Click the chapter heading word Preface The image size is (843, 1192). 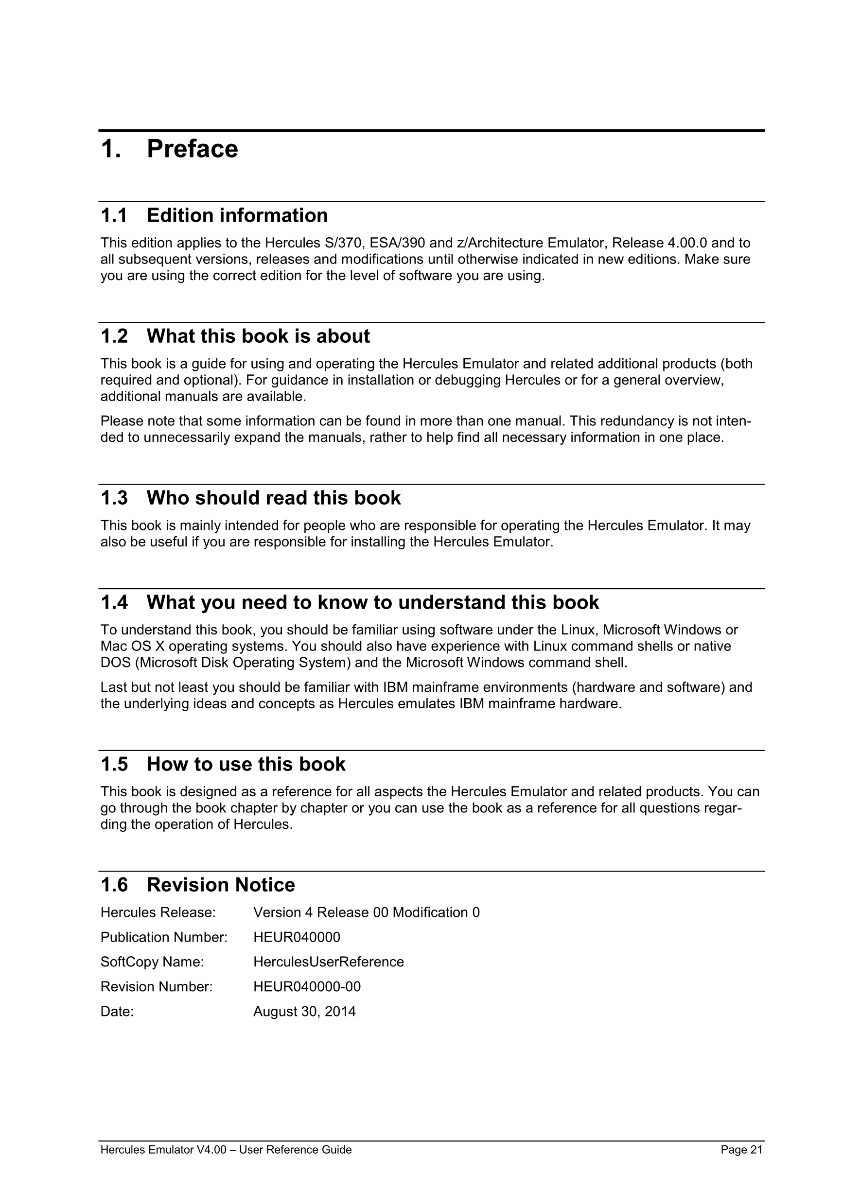tap(192, 150)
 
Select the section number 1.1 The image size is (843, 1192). tap(114, 215)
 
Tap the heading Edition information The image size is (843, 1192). tap(237, 215)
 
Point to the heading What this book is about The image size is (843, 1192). tap(258, 336)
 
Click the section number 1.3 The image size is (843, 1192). tap(114, 498)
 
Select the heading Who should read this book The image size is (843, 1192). tap(274, 498)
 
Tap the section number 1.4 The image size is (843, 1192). tap(114, 603)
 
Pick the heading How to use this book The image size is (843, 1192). tap(246, 764)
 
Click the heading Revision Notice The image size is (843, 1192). tap(221, 885)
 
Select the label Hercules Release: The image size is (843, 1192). tap(158, 912)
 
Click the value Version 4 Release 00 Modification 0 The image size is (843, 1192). tap(367, 912)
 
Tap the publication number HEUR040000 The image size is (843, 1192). tap(297, 937)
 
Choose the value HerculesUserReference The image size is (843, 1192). tap(328, 962)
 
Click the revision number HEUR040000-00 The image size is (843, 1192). tap(307, 986)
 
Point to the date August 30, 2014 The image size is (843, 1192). tap(304, 1011)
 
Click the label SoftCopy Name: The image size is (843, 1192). tap(152, 962)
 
